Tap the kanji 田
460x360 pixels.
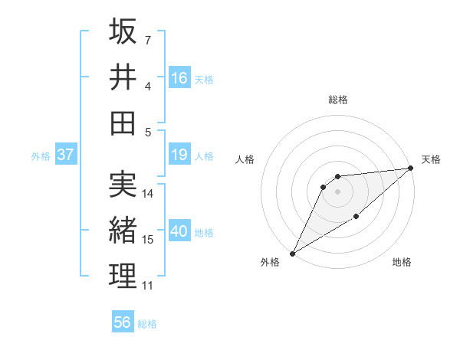(123, 122)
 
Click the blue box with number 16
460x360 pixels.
(179, 78)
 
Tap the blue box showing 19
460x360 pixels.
(179, 155)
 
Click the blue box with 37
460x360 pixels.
(66, 155)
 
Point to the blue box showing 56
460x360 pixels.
(123, 322)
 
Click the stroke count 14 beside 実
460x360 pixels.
(149, 194)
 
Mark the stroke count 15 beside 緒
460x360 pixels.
(149, 240)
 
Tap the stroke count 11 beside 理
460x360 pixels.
(148, 286)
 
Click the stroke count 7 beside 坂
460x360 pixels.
(148, 39)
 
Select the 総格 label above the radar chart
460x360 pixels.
(337, 100)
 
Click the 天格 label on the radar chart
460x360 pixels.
(431, 159)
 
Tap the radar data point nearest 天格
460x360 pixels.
(411, 169)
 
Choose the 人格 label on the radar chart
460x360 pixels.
(245, 159)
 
